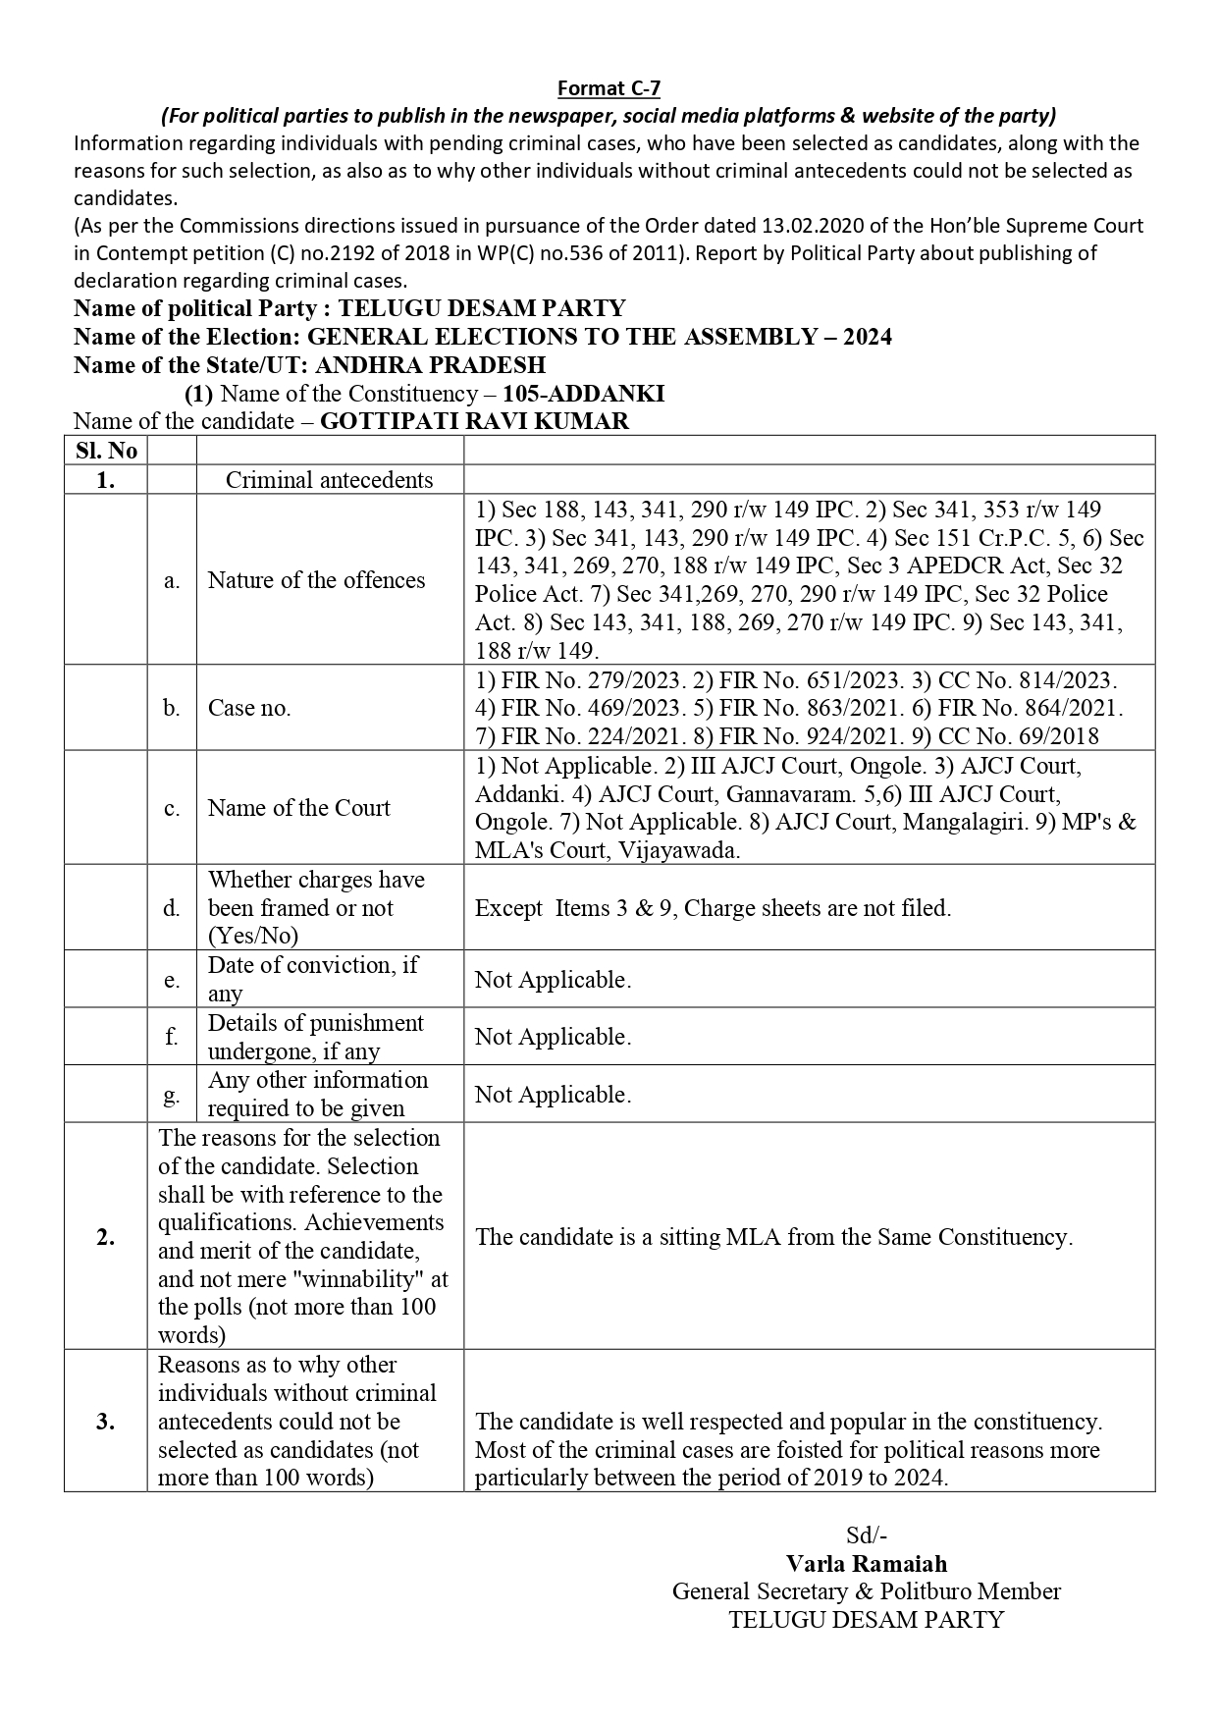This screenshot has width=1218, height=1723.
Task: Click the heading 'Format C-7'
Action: click(x=609, y=88)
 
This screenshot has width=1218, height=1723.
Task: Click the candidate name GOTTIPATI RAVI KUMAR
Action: click(x=475, y=421)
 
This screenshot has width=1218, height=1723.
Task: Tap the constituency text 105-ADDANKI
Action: click(x=583, y=394)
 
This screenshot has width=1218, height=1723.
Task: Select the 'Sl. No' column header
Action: click(x=106, y=451)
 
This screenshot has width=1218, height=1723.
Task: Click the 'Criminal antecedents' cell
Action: click(x=329, y=479)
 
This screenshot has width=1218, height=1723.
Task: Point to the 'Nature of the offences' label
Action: click(x=316, y=580)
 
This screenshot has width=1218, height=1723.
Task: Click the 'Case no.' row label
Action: click(x=249, y=708)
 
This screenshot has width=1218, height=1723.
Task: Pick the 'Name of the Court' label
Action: click(x=298, y=808)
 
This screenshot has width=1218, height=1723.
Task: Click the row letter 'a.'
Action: click(x=172, y=580)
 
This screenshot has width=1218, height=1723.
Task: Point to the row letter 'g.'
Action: click(x=172, y=1095)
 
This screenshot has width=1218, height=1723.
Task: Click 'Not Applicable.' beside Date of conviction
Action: click(x=553, y=980)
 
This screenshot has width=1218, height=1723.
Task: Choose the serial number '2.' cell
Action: click(x=106, y=1237)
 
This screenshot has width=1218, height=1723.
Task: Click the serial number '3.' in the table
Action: click(x=106, y=1422)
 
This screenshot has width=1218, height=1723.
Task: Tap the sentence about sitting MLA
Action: click(x=773, y=1237)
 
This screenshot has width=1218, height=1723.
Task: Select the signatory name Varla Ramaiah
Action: click(x=867, y=1564)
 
